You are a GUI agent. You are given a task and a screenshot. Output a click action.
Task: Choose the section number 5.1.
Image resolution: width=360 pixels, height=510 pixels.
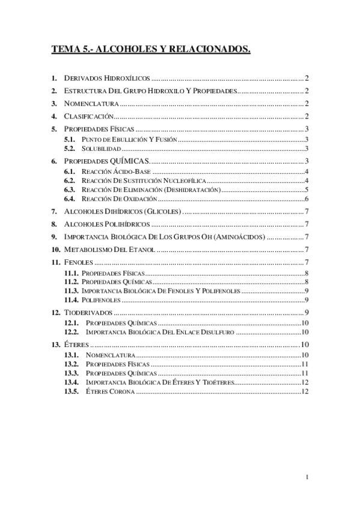70,140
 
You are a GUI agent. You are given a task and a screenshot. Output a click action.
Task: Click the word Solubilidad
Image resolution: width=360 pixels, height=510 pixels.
102,148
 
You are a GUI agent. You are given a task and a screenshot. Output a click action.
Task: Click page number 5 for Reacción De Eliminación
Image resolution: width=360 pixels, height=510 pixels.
307,190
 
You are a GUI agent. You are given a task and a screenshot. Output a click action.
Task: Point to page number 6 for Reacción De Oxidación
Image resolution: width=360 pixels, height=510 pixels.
307,199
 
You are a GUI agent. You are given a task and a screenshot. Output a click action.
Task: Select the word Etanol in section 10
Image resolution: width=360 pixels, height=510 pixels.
144,250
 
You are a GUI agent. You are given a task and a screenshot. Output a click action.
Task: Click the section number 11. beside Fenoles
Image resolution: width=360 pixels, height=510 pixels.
55,262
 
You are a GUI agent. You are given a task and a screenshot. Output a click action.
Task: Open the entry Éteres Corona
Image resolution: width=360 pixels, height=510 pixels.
111,392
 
